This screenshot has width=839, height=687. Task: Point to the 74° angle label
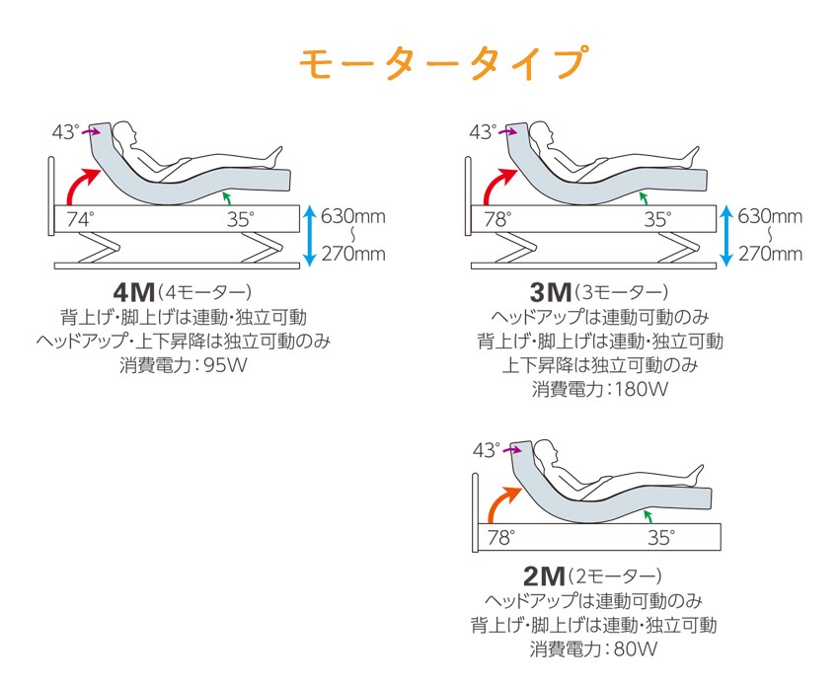(80, 219)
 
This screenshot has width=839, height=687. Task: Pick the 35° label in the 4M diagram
(238, 219)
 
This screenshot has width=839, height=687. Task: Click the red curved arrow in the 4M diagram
(80, 185)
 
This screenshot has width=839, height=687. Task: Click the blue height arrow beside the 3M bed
(726, 235)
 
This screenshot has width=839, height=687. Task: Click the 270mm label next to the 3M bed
(770, 254)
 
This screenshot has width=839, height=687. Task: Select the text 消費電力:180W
(600, 389)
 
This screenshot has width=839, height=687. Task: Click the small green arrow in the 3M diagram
(643, 197)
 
